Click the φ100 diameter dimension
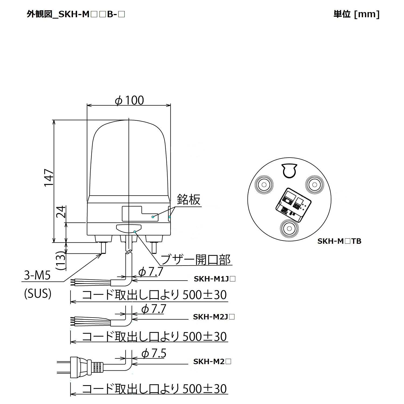click(129, 100)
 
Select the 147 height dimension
click(49, 178)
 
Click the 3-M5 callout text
click(37, 276)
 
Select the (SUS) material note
click(38, 294)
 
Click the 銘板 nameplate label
click(189, 200)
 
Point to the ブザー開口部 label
click(196, 260)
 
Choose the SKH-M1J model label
click(214, 279)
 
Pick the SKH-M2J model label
click(214, 317)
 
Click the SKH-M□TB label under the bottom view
click(339, 241)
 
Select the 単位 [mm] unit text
click(356, 14)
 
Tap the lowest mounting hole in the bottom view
click(290, 229)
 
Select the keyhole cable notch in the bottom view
click(289, 171)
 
